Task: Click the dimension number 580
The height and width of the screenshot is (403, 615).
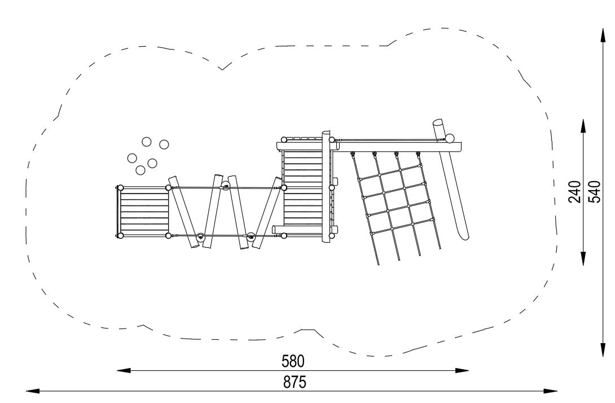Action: tap(293, 361)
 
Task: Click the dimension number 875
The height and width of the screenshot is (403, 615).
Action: tap(295, 382)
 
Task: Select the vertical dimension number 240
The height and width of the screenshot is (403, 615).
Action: tap(575, 191)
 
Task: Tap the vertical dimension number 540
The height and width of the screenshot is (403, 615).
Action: tap(595, 191)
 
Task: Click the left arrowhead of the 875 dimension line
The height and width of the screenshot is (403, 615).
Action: tap(33, 391)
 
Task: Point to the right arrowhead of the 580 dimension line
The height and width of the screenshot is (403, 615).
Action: tap(462, 370)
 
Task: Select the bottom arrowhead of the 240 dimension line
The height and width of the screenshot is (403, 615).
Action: tap(583, 258)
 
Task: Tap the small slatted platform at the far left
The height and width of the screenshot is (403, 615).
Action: tap(143, 212)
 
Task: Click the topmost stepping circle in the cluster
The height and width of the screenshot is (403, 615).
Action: tap(146, 142)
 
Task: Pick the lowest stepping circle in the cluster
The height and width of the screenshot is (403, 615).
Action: tap(140, 170)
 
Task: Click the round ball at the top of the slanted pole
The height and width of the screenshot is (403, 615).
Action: tap(450, 138)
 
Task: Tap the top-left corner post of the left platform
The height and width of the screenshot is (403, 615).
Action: tap(120, 187)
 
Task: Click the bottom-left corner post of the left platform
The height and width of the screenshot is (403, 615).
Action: tap(120, 235)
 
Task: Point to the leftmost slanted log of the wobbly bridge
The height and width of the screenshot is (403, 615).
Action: tap(183, 212)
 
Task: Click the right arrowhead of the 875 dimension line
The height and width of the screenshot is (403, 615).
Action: tap(550, 391)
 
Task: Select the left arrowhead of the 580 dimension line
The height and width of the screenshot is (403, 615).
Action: tap(124, 370)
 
